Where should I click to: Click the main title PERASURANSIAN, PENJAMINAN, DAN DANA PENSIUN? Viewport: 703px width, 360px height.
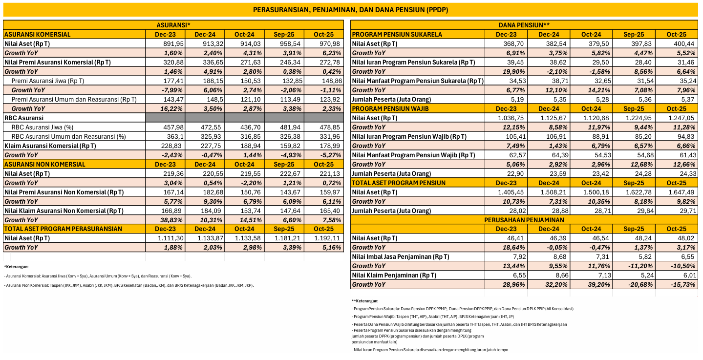(351, 10)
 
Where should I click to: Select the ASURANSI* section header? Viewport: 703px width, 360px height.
(173, 25)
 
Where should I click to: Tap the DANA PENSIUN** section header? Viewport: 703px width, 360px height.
(524, 25)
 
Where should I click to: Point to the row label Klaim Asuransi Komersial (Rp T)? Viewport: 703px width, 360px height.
(50, 146)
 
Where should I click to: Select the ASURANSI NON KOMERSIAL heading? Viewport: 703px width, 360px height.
(44, 164)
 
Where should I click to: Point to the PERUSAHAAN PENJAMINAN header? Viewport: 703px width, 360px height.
(524, 220)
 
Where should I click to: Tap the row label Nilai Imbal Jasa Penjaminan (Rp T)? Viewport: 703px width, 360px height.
(401, 256)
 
